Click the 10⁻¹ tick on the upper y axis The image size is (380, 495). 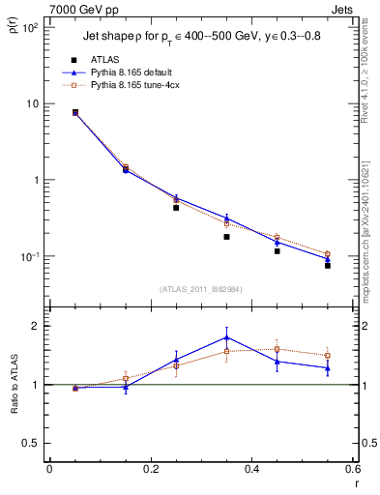pyautogui.click(x=31, y=257)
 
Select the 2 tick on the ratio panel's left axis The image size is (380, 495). pyautogui.click(x=37, y=326)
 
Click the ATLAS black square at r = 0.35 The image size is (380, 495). pyautogui.click(x=226, y=237)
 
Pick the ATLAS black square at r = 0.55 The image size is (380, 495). pyautogui.click(x=328, y=265)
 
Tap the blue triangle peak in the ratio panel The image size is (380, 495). pyautogui.click(x=226, y=337)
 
